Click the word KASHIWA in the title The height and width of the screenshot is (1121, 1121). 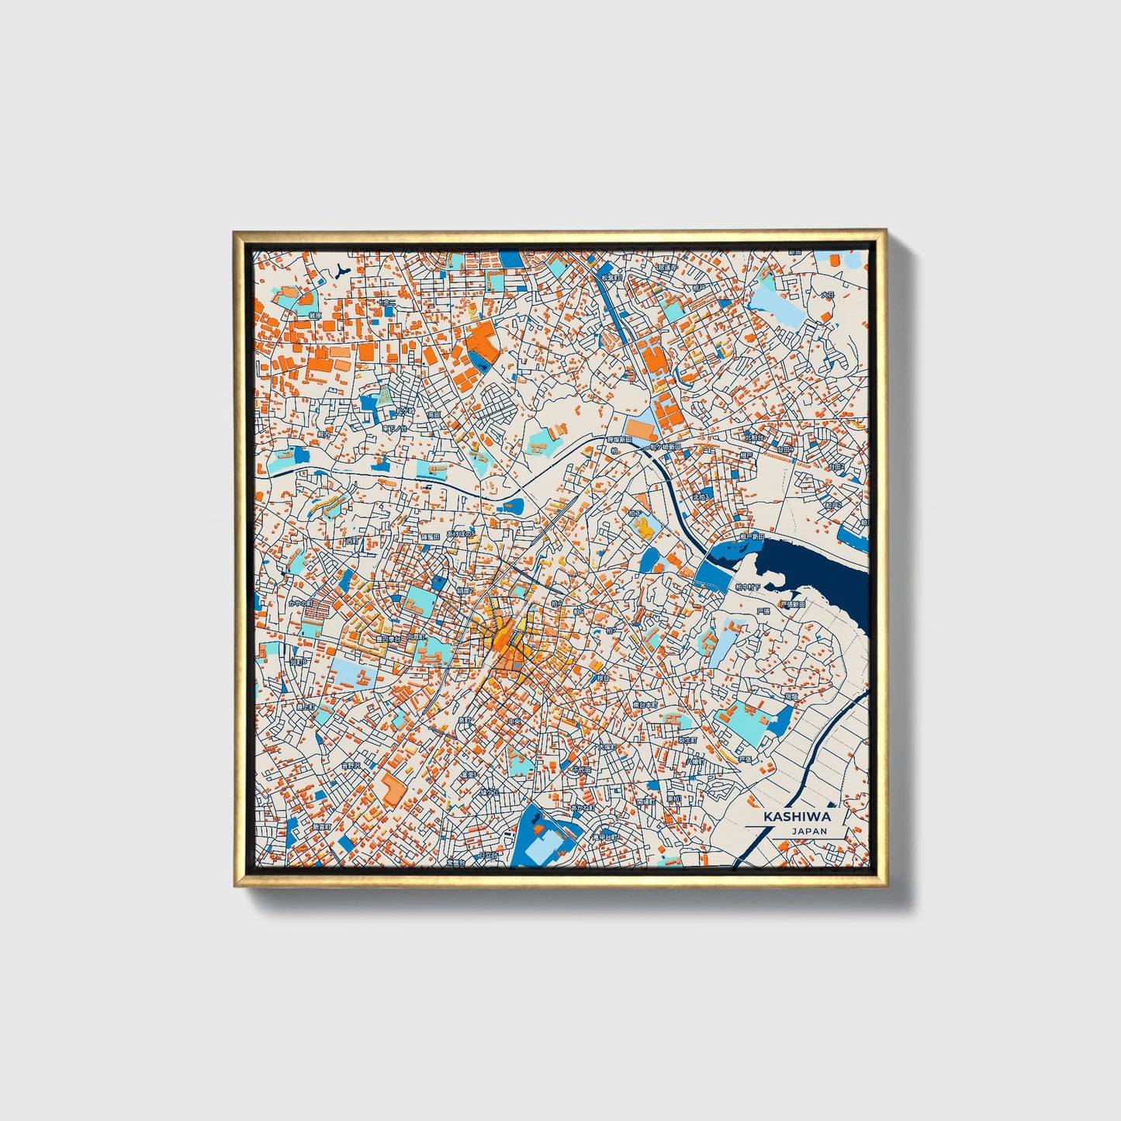tap(797, 817)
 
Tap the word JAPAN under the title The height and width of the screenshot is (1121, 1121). tap(809, 831)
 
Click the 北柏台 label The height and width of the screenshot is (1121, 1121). tap(753, 438)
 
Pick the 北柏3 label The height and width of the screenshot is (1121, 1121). tap(701, 496)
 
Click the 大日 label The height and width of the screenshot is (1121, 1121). tap(827, 295)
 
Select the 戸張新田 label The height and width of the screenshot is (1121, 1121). tap(792, 604)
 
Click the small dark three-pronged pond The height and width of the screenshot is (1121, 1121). tap(343, 270)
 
